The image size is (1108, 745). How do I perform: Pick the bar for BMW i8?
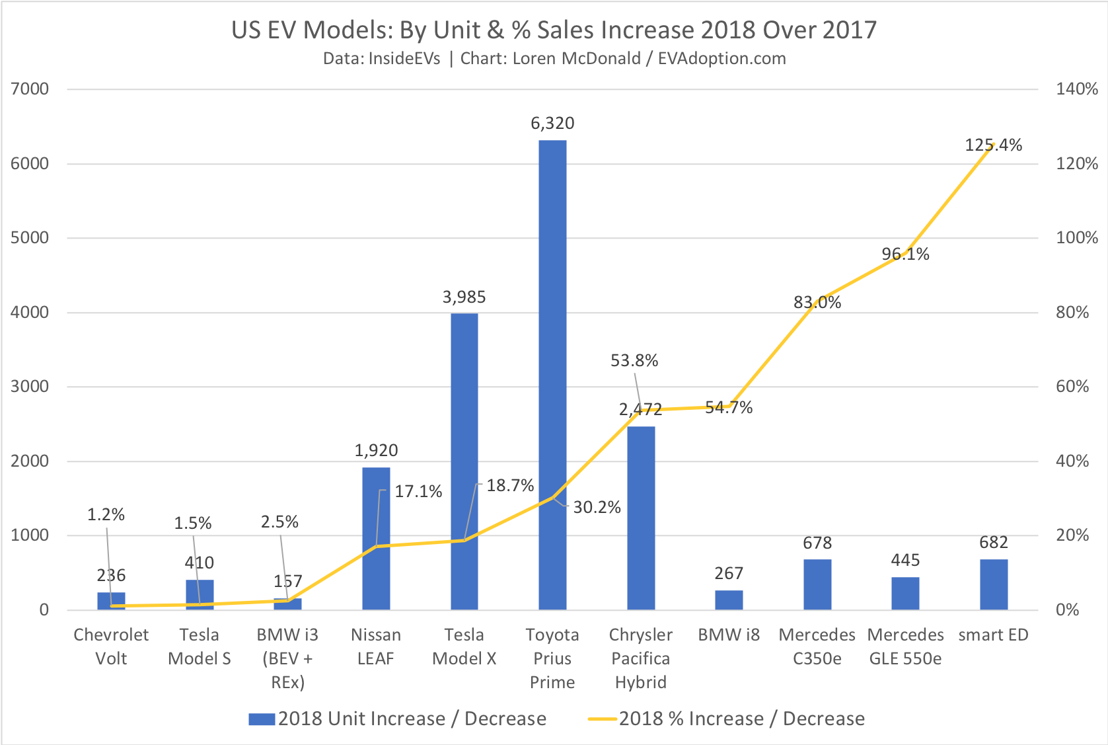pos(729,600)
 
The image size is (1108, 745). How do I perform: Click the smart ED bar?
pos(994,584)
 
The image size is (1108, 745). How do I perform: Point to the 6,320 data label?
pos(552,124)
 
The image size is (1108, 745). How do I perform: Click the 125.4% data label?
pos(993,145)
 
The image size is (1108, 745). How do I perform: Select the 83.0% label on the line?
pos(817,303)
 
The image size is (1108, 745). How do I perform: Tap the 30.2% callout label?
pos(597,508)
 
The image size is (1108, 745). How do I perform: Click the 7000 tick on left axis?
pos(30,89)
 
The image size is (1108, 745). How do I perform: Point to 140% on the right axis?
pos(1076,89)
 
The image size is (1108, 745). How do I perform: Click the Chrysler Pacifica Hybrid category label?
pos(640,658)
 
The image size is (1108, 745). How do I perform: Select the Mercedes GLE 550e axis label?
pos(905,647)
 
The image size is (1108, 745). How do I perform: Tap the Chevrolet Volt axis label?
pos(111,647)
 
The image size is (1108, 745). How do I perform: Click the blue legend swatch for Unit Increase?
pos(262,719)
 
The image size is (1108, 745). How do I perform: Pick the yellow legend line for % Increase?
pos(602,719)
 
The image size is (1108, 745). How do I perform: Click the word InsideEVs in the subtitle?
pos(404,59)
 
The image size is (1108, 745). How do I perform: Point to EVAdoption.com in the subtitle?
pos(721,59)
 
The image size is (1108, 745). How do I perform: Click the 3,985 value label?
pos(464,297)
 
